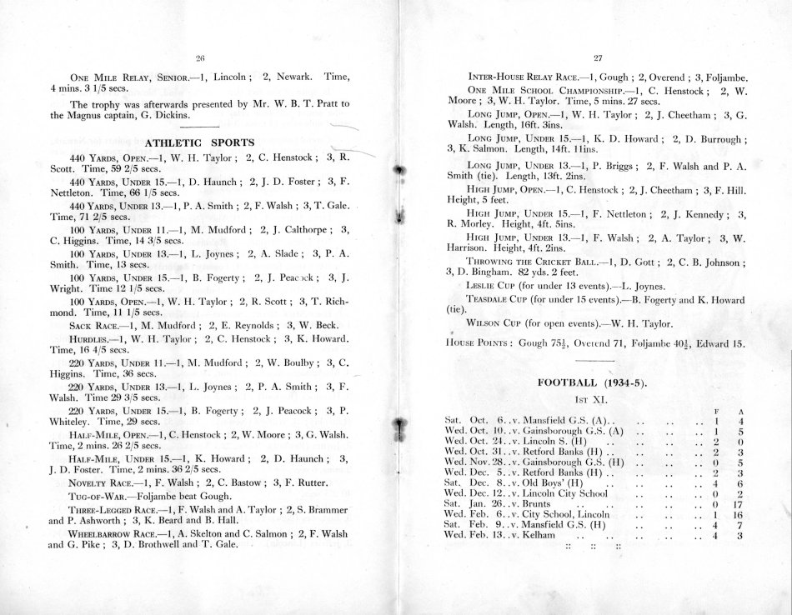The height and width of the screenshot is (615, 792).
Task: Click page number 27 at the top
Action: coord(597,57)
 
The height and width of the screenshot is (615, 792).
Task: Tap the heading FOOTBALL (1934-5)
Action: coord(595,382)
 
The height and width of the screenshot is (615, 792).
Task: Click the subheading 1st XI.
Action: coord(595,400)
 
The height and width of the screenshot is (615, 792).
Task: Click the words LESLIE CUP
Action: coord(491,285)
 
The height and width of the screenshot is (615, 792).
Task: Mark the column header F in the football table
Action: coord(717,412)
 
